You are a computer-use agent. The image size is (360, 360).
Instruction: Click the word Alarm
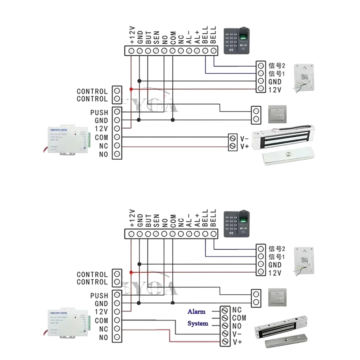196,311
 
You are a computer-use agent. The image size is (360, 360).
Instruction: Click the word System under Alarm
198,324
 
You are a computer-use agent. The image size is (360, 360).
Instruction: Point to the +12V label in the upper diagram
132,35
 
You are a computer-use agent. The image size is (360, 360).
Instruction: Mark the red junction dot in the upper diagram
131,89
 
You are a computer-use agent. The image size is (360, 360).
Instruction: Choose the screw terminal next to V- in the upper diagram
233,138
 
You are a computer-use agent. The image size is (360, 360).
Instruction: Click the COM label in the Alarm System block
239,318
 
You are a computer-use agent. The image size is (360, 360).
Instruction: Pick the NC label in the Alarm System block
238,310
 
